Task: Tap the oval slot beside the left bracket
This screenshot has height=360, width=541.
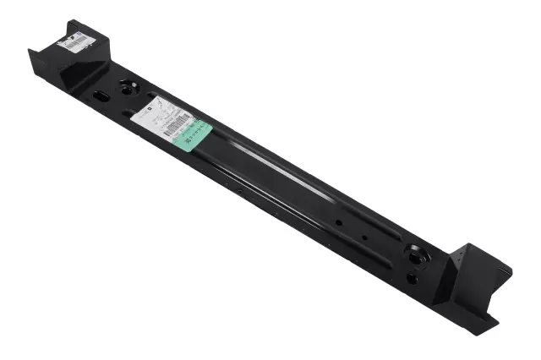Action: pyautogui.click(x=101, y=95)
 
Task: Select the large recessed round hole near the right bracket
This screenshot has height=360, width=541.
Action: pyautogui.click(x=417, y=253)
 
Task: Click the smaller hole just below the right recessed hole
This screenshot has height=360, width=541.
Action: pyautogui.click(x=411, y=277)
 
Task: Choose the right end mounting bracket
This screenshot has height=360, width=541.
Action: pyautogui.click(x=473, y=283)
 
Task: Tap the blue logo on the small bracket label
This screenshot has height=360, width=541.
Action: pyautogui.click(x=75, y=36)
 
